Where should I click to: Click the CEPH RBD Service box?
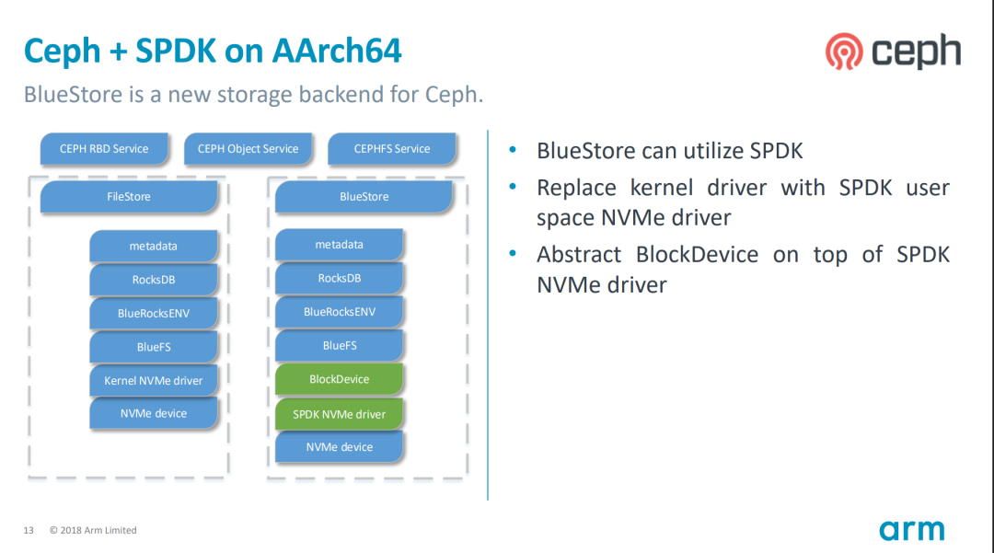(104, 149)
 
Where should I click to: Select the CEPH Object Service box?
(248, 149)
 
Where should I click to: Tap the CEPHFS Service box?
(392, 149)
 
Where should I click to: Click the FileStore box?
(129, 196)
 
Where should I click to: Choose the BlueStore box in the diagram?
(364, 196)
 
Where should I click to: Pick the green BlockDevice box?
(339, 379)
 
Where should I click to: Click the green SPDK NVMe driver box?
(339, 414)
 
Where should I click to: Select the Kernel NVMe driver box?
(154, 380)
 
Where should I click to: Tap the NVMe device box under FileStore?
(154, 413)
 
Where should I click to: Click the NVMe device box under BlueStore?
(339, 447)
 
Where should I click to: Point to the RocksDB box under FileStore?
(154, 280)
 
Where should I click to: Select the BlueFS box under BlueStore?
(339, 345)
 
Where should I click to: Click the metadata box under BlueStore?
(339, 245)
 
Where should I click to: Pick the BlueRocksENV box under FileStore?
(154, 313)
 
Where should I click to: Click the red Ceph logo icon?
(844, 52)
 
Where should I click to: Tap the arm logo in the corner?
(911, 531)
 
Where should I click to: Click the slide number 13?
(29, 530)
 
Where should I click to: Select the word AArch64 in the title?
(337, 51)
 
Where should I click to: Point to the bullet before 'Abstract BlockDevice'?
(513, 253)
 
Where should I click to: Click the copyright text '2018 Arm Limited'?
(98, 530)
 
